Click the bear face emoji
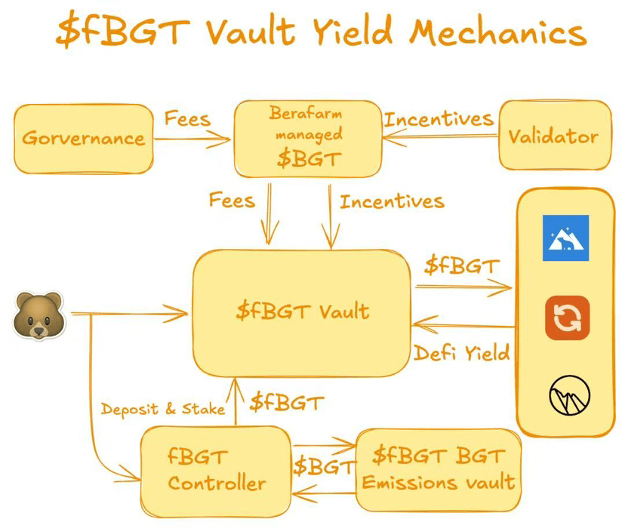pos(37,315)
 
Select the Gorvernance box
pos(83,137)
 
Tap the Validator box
pos(553,136)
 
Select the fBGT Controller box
pos(217,471)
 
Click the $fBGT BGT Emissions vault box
pos(439,470)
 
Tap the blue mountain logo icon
pos(565,238)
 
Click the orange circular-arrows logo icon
pos(567,318)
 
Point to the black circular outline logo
pos(569,394)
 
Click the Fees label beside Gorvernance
pos(187,119)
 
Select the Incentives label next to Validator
pos(439,119)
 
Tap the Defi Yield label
pos(461,352)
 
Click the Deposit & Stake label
pos(163,410)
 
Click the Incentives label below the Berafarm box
pos(391,201)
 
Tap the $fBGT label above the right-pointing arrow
pos(461,266)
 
